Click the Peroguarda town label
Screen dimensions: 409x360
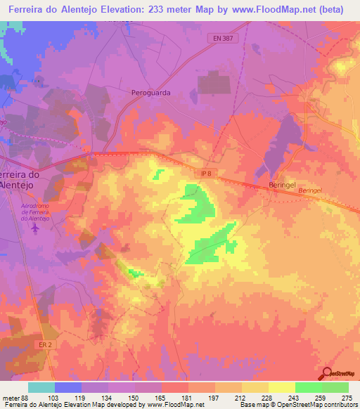(x=151, y=92)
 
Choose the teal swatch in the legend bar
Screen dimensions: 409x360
(x=41, y=388)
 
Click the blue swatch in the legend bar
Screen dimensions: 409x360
(x=68, y=388)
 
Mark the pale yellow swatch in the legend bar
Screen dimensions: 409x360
(x=281, y=388)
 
